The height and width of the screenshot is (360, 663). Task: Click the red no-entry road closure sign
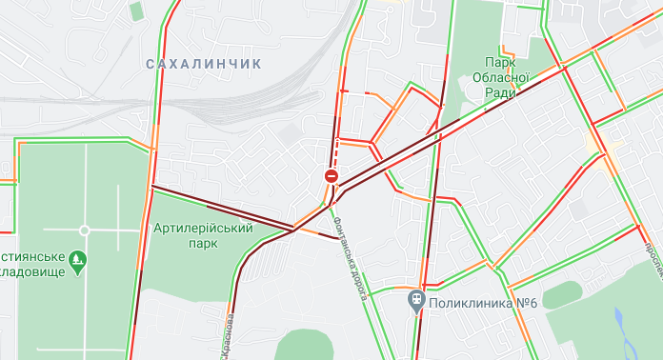tap(331, 176)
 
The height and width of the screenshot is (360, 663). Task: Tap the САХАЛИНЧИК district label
tap(203, 63)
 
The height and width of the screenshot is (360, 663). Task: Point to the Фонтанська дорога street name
tap(349, 257)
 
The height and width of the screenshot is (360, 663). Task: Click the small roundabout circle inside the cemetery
tap(84, 230)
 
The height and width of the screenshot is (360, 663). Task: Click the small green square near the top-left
tap(136, 10)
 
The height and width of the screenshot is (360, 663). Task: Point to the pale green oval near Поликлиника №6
tap(563, 294)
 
